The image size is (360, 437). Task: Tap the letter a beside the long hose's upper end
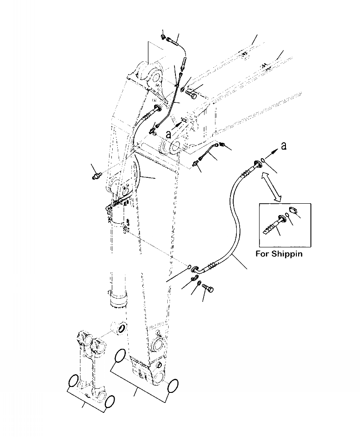[284, 146]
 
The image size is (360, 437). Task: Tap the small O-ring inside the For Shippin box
[287, 216]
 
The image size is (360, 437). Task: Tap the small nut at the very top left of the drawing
[164, 35]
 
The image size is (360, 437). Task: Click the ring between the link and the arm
[121, 328]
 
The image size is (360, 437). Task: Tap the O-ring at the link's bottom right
[110, 402]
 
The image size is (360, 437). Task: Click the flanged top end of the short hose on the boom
[157, 107]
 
